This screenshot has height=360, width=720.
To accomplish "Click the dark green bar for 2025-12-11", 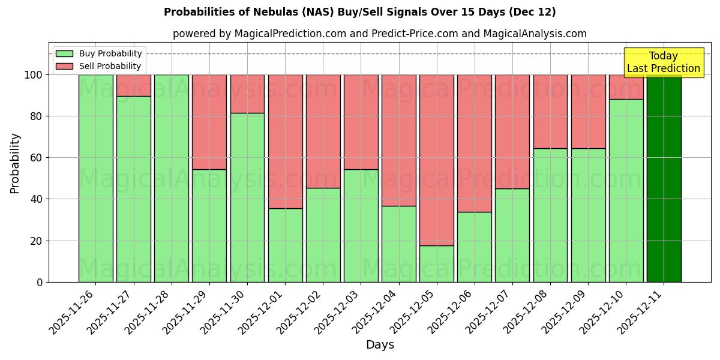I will (664, 178).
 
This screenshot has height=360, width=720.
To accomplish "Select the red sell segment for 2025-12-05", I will (437, 160).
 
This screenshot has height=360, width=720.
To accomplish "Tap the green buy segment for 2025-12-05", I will (437, 264).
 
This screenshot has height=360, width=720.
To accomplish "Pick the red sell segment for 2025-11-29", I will (209, 122).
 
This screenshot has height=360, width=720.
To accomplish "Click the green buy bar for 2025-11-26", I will (95, 178).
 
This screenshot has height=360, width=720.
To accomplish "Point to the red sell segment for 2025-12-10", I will (626, 86).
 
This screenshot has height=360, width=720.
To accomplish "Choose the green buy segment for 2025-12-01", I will (285, 245).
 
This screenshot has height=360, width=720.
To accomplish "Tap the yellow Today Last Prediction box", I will (663, 62).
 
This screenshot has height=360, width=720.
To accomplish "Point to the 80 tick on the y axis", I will (37, 116).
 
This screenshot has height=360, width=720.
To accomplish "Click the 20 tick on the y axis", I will (37, 241).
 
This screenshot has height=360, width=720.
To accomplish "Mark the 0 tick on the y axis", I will (40, 282).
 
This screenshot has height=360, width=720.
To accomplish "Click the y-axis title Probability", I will (15, 163).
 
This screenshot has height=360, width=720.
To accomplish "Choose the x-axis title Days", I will (380, 345).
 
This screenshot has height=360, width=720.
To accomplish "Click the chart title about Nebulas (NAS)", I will (360, 12).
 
